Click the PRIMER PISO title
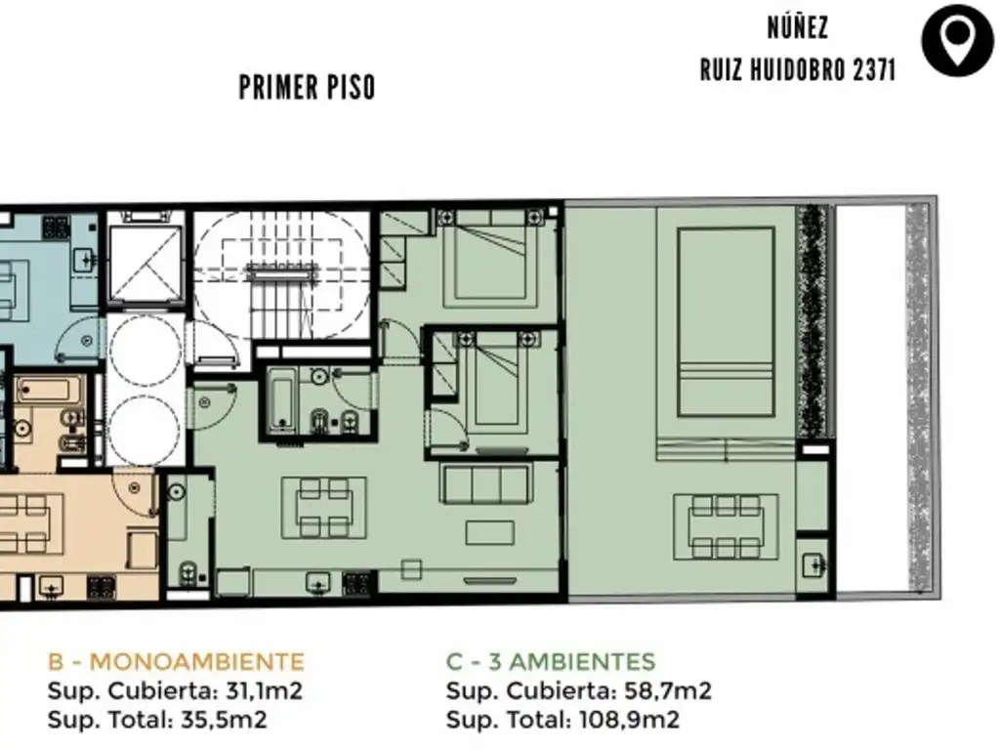point(307,88)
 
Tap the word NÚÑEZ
point(798,28)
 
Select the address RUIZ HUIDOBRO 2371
point(798,69)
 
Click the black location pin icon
point(958,40)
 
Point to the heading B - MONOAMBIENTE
point(176,661)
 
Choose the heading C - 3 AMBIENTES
point(551,661)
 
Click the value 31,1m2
point(264,690)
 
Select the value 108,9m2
point(629,720)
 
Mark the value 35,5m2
point(224,720)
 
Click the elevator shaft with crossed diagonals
point(146,264)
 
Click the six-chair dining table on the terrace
point(726,526)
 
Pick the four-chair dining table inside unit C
point(324,508)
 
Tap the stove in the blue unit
point(56,228)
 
